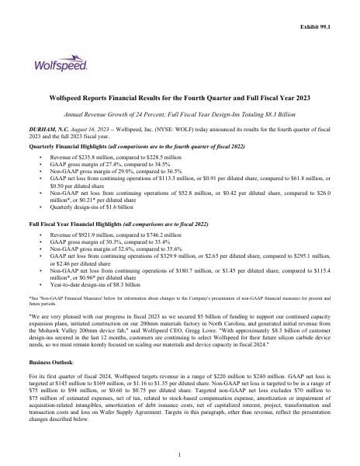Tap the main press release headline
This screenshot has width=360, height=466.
[x=180, y=100]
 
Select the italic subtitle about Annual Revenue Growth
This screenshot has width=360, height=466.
[x=180, y=113]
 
